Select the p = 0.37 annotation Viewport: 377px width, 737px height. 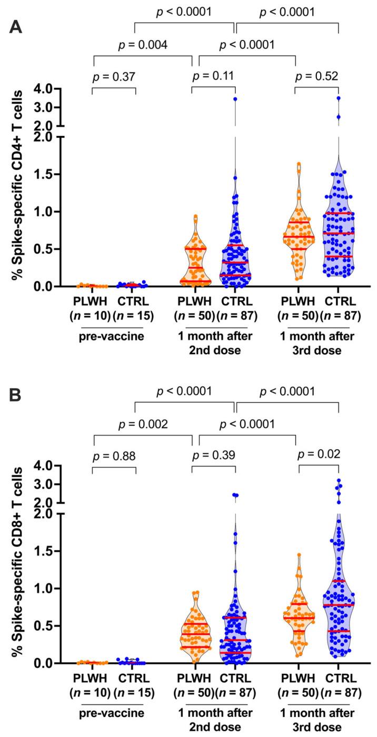(114, 77)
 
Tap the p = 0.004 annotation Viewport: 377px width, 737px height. (142, 45)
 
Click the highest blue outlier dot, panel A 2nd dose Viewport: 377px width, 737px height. (235, 99)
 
